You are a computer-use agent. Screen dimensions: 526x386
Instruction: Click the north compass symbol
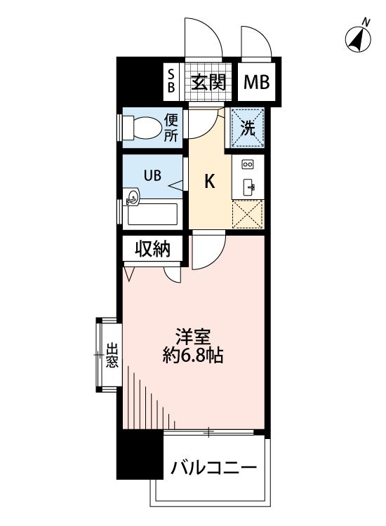359,39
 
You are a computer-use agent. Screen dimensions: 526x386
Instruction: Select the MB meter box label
258,83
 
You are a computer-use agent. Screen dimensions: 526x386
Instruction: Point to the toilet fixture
142,128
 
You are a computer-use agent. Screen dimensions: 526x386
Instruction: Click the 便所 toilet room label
172,128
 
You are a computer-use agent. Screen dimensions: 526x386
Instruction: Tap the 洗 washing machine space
248,128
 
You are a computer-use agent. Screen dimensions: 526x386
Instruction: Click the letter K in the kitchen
209,182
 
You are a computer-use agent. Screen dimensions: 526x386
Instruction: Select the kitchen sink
248,186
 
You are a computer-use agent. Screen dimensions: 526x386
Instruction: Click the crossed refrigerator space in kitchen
248,214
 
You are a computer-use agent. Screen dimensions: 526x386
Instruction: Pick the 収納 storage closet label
153,249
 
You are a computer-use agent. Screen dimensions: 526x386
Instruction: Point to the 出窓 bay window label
112,356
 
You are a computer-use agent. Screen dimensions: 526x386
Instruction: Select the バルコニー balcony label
211,466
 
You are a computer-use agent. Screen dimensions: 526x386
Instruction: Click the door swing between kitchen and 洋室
208,250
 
